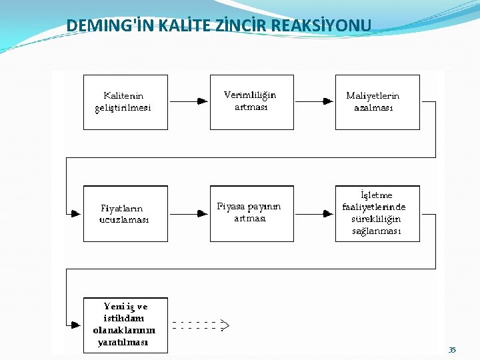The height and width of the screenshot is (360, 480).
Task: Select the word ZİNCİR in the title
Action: click(227, 26)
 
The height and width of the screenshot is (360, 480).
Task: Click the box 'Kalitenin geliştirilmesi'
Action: click(125, 102)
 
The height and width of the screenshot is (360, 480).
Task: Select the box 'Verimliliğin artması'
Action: click(251, 102)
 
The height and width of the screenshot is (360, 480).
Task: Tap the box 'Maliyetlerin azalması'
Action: click(377, 102)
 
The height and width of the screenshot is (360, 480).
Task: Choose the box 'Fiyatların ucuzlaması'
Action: click(125, 213)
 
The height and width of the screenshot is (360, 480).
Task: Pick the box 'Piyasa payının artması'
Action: click(251, 213)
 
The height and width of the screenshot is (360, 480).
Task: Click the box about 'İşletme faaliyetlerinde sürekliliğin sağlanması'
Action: click(377, 213)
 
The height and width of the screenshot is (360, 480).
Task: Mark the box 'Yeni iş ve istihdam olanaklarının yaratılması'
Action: click(125, 325)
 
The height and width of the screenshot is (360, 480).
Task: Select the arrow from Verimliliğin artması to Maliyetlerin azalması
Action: click(314, 102)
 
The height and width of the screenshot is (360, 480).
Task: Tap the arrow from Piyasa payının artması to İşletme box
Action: click(314, 213)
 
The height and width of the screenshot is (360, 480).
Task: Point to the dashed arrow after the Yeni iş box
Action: click(200, 325)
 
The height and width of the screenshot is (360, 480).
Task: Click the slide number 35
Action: click(453, 350)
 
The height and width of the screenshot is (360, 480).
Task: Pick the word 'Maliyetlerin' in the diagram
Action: click(373, 96)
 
